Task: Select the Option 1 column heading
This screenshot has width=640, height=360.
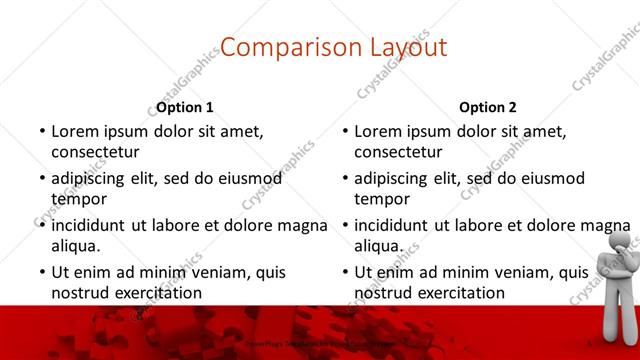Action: (x=185, y=107)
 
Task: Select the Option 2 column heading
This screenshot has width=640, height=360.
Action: (x=488, y=107)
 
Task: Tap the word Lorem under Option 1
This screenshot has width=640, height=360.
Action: (x=76, y=131)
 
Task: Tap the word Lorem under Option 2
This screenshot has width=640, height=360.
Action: (x=379, y=131)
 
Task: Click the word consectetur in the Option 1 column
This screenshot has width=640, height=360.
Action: (x=96, y=152)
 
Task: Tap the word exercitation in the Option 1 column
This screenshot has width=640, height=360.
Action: (x=155, y=293)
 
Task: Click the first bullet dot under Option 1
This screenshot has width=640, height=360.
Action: (x=42, y=132)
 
